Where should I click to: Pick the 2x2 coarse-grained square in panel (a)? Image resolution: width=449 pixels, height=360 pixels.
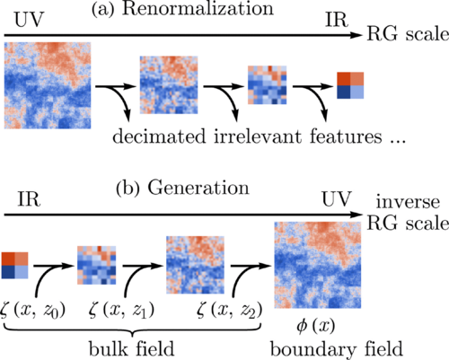(350, 84)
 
